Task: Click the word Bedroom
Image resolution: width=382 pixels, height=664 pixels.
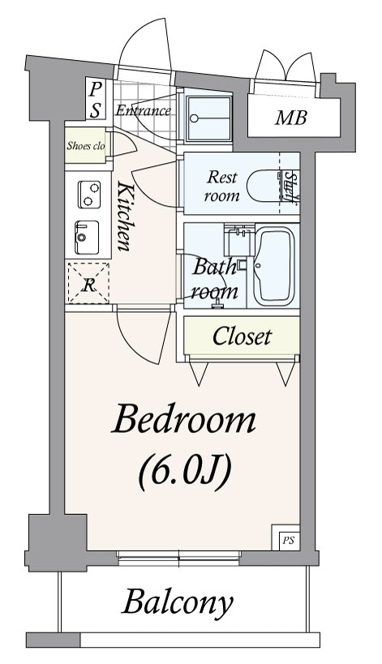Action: click(x=183, y=418)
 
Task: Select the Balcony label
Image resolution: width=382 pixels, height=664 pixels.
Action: click(x=178, y=602)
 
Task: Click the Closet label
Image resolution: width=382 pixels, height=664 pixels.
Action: click(x=242, y=336)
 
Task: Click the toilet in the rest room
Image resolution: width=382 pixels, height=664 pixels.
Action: click(x=264, y=186)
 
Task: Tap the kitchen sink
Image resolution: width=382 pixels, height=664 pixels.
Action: click(x=87, y=238)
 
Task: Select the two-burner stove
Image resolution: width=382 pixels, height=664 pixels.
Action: click(x=89, y=195)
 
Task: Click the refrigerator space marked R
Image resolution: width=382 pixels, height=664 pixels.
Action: click(x=88, y=283)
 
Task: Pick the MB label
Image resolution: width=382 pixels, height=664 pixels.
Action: click(x=290, y=118)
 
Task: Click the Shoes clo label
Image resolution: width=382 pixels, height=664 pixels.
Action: click(x=85, y=146)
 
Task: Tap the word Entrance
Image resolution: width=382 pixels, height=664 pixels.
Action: click(x=143, y=111)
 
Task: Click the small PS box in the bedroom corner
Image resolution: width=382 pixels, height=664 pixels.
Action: click(x=288, y=540)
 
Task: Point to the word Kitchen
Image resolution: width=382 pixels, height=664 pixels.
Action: click(x=123, y=216)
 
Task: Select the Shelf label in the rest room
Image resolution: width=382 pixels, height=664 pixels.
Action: click(x=290, y=186)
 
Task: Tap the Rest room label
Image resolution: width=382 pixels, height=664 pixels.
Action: click(x=221, y=186)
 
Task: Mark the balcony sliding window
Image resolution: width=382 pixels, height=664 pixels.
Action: click(x=178, y=557)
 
